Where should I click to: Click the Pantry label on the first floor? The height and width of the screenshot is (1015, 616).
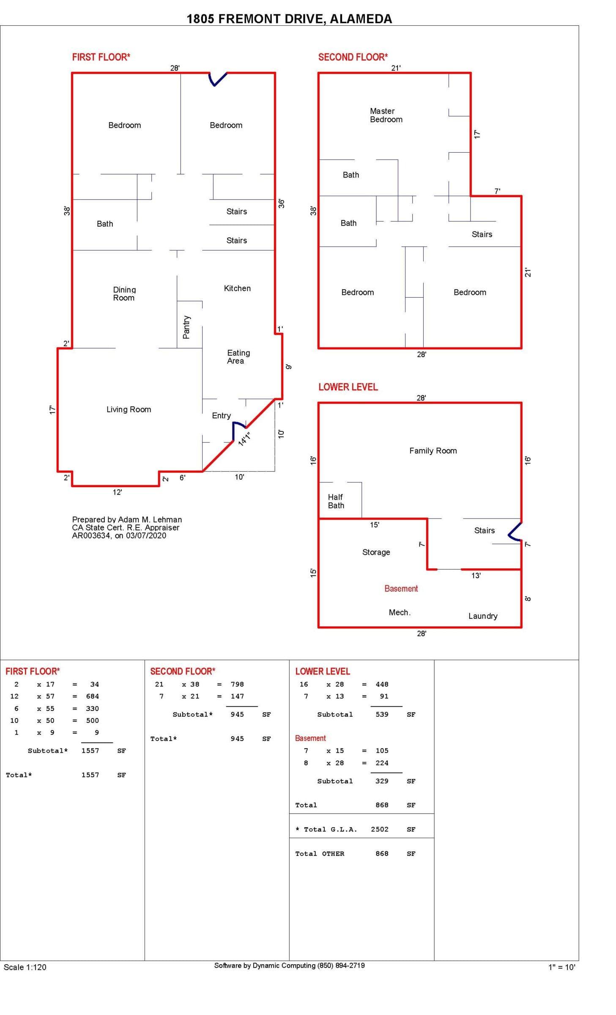coord(186,327)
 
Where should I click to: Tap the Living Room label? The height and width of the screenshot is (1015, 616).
coord(129,409)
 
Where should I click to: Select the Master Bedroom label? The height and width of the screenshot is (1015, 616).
coord(386,115)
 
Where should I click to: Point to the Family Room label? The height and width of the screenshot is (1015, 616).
coord(433,451)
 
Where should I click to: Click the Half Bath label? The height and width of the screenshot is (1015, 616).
coord(336,501)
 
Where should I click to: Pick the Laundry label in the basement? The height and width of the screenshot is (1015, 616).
coord(482,616)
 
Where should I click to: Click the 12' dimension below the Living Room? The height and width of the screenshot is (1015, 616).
coord(117,492)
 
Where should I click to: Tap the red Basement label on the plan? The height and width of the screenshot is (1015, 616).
coord(401,589)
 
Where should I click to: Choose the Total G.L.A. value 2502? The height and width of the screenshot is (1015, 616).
coord(379,829)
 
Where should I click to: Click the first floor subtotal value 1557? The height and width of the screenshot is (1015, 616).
coord(90,751)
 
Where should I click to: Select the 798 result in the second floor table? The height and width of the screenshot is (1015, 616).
coord(237,684)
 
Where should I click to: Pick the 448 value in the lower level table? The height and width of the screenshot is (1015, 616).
coord(382,684)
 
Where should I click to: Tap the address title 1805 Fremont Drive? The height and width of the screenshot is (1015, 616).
coord(289,19)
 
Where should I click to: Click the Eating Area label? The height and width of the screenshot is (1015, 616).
coord(238,357)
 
